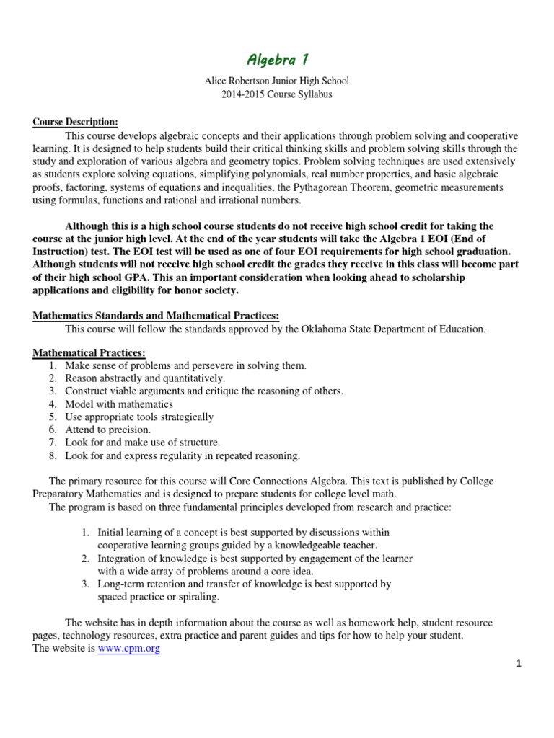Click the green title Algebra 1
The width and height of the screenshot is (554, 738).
[x=276, y=59]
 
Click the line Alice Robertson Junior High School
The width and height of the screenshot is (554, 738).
[x=276, y=82]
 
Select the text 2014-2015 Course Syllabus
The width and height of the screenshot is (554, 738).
[x=276, y=95]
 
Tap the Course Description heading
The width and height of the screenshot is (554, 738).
[x=75, y=122]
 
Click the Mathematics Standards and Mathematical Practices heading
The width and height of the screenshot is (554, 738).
[x=155, y=316]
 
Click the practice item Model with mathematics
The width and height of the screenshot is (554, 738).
[x=119, y=404]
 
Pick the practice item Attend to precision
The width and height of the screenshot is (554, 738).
[x=108, y=430]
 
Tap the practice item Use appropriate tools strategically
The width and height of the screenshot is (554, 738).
[x=138, y=417]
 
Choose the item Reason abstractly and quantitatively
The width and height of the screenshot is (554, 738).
[x=145, y=378]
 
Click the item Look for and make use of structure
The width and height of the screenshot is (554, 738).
[x=142, y=443]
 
